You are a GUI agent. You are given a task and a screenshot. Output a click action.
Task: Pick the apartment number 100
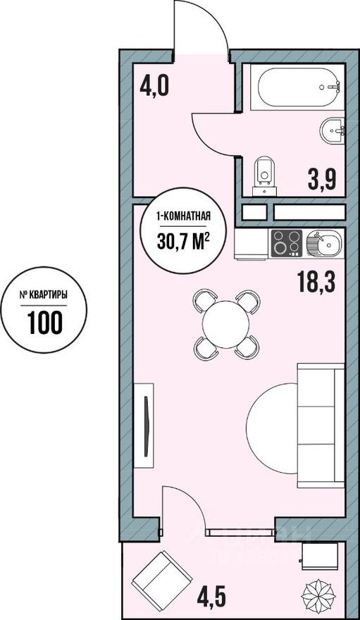(x=46, y=321)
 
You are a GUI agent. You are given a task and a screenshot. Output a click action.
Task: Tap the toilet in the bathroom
(x=265, y=172)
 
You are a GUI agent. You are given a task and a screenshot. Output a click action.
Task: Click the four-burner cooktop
(x=287, y=244)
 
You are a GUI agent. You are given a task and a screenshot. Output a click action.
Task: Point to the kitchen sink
(x=324, y=244)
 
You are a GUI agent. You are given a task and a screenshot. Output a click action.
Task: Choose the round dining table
(x=226, y=325)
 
